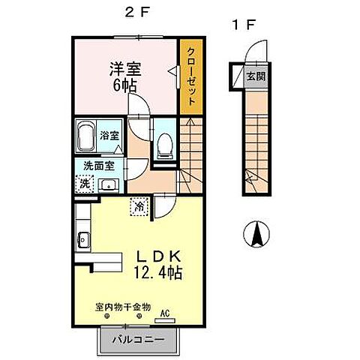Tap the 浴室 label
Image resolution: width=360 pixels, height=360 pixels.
click(109, 136)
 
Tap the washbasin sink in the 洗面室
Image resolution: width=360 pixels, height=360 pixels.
click(108, 184)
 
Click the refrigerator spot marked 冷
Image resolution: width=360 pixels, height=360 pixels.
click(139, 204)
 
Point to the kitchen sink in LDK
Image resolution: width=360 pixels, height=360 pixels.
click(82, 240)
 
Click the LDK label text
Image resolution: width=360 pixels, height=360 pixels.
click(156, 256)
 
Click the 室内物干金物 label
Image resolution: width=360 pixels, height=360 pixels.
click(123, 307)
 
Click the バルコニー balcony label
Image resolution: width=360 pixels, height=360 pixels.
click(137, 339)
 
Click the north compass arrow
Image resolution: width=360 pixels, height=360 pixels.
click(256, 236)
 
